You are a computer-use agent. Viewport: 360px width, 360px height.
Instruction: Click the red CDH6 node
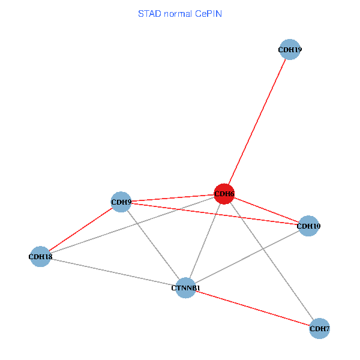(224, 194)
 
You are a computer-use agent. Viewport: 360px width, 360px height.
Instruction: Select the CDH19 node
(290, 50)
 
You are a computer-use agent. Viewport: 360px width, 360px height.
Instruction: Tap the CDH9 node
(121, 202)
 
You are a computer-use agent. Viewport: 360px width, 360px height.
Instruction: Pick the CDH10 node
(308, 226)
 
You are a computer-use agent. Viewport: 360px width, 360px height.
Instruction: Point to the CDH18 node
(40, 257)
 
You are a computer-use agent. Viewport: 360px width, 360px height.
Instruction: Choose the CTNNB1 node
(186, 288)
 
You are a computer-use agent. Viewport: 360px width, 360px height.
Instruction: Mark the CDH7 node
(319, 328)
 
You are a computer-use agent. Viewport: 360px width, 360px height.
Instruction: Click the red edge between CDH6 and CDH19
(257, 122)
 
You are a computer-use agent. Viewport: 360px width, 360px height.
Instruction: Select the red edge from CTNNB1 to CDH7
(253, 308)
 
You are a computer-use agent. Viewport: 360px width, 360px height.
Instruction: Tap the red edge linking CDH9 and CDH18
(81, 229)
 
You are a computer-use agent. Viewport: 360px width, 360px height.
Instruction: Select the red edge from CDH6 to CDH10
(266, 210)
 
